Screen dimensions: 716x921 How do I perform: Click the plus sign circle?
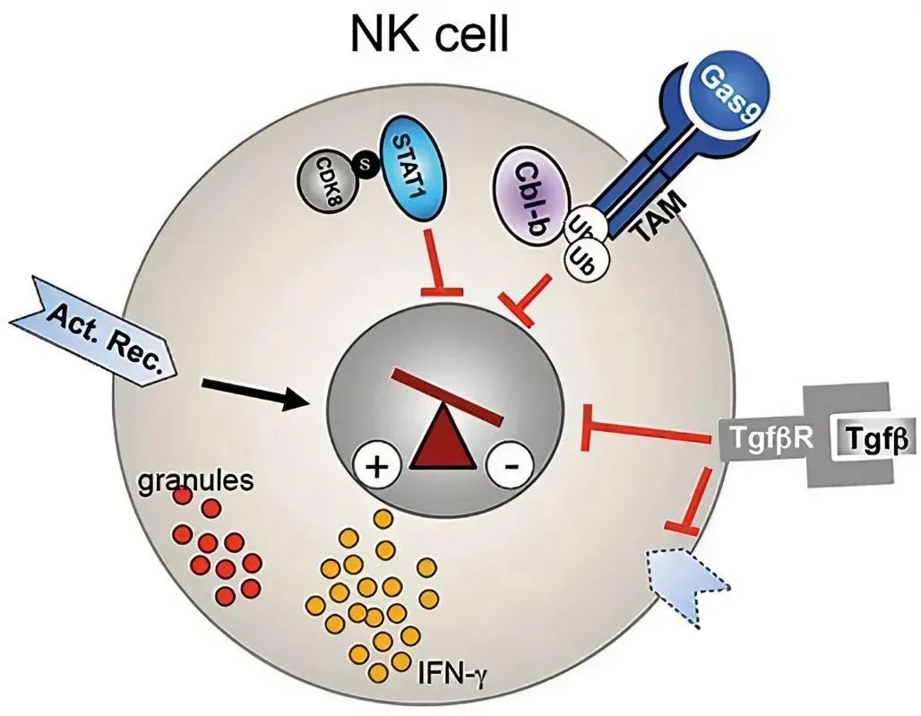tap(376, 468)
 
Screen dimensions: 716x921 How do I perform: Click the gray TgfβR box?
tap(770, 439)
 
